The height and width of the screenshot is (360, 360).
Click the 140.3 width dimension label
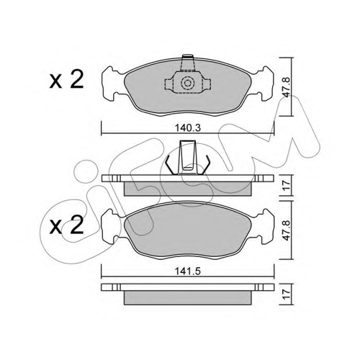[x=187, y=128]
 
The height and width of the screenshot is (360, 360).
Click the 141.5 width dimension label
[x=187, y=271]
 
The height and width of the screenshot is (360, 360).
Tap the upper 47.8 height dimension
[x=286, y=87]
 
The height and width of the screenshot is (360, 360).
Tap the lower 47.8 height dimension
[x=286, y=230]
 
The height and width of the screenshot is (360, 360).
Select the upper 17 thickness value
[x=287, y=186]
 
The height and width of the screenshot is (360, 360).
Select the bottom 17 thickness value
[x=287, y=294]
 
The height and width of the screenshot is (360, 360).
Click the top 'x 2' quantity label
[x=66, y=81]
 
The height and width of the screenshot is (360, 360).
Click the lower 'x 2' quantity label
[x=66, y=226]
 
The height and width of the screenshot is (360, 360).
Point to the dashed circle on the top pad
[x=187, y=83]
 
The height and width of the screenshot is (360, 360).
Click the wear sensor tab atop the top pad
[x=187, y=63]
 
